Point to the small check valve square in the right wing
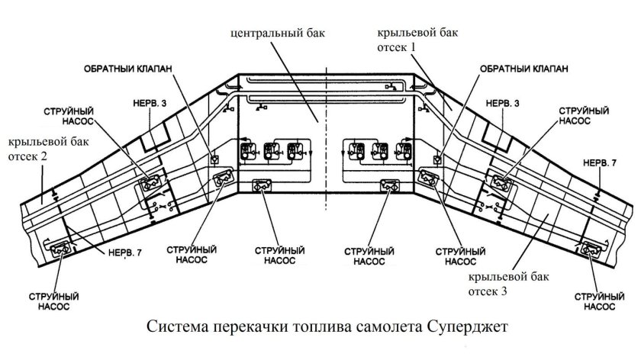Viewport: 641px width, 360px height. tap(437, 159)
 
